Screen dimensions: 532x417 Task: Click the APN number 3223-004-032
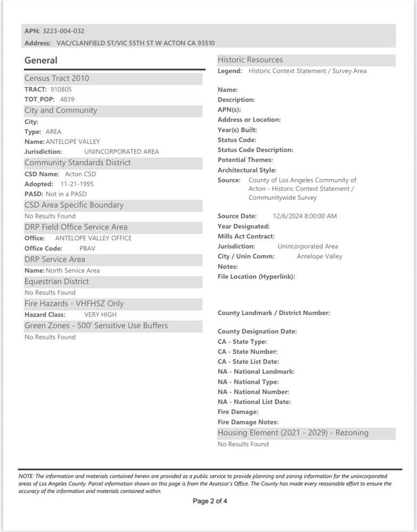tap(63, 31)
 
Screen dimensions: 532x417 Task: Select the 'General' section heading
tap(41, 61)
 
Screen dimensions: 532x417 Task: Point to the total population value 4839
tap(67, 99)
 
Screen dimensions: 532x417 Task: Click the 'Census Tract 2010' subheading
tap(57, 78)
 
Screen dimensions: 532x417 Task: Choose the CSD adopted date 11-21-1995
tap(77, 184)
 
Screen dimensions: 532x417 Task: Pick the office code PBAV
tap(87, 248)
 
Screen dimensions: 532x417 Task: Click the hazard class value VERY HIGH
tap(100, 315)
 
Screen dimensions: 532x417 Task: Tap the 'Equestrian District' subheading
tap(57, 281)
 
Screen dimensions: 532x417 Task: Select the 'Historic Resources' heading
tap(250, 60)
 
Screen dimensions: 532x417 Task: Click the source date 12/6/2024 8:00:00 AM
tap(305, 216)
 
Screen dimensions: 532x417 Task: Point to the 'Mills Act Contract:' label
tap(246, 237)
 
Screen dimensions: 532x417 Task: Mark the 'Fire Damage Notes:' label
tap(248, 422)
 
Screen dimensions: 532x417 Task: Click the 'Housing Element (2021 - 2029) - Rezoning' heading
tap(293, 433)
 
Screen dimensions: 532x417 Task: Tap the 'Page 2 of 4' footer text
tap(210, 501)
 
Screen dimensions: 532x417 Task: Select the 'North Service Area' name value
tap(73, 271)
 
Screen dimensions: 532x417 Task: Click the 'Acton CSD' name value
tap(80, 174)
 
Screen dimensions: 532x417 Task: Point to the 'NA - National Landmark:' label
tap(256, 371)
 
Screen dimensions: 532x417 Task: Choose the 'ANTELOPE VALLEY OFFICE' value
tap(94, 238)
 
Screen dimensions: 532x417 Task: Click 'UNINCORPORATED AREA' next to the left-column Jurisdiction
tap(122, 151)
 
